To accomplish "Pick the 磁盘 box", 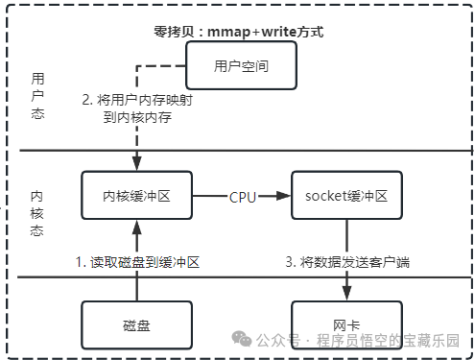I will pos(137,324).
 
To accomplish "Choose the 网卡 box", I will pos(345,324).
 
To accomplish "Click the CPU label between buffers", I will pos(242,196).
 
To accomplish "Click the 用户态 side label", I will pos(38,96).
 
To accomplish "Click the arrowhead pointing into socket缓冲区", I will pos(284,196).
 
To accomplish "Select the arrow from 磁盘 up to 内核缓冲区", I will pos(137,259).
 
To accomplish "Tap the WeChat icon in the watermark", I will pos(241,340).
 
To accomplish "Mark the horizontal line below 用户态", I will pos(240,150).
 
